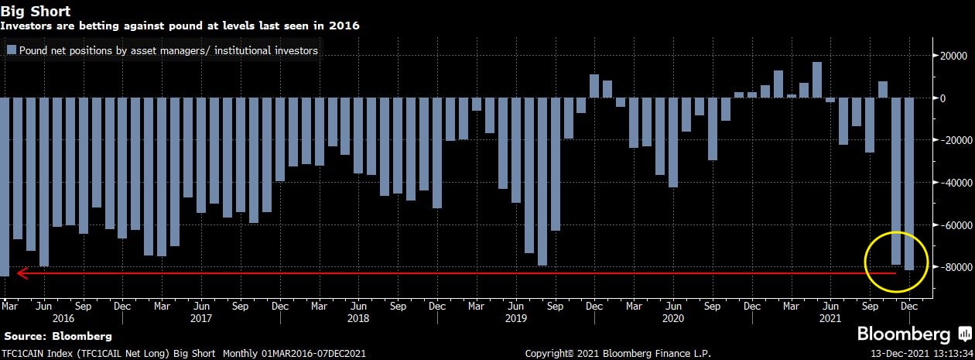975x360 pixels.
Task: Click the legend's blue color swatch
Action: pyautogui.click(x=11, y=50)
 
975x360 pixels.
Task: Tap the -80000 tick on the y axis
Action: pyautogui.click(x=946, y=267)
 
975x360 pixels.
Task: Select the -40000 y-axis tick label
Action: pyautogui.click(x=946, y=183)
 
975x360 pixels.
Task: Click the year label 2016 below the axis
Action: pyautogui.click(x=63, y=318)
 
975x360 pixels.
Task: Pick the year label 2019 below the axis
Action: pyautogui.click(x=515, y=318)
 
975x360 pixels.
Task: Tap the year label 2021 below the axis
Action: pyautogui.click(x=830, y=318)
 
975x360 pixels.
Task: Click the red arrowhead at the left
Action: pyautogui.click(x=22, y=273)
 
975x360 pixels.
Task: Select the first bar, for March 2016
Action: pyautogui.click(x=5, y=187)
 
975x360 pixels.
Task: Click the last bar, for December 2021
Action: pyautogui.click(x=909, y=183)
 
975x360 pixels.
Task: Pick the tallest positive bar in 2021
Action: pyautogui.click(x=817, y=80)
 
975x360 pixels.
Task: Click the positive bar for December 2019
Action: pyautogui.click(x=594, y=86)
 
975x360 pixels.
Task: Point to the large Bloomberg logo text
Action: pyautogui.click(x=903, y=335)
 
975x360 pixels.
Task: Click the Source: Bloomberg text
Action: pyautogui.click(x=58, y=337)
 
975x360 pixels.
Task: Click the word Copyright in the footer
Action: pyautogui.click(x=550, y=354)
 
